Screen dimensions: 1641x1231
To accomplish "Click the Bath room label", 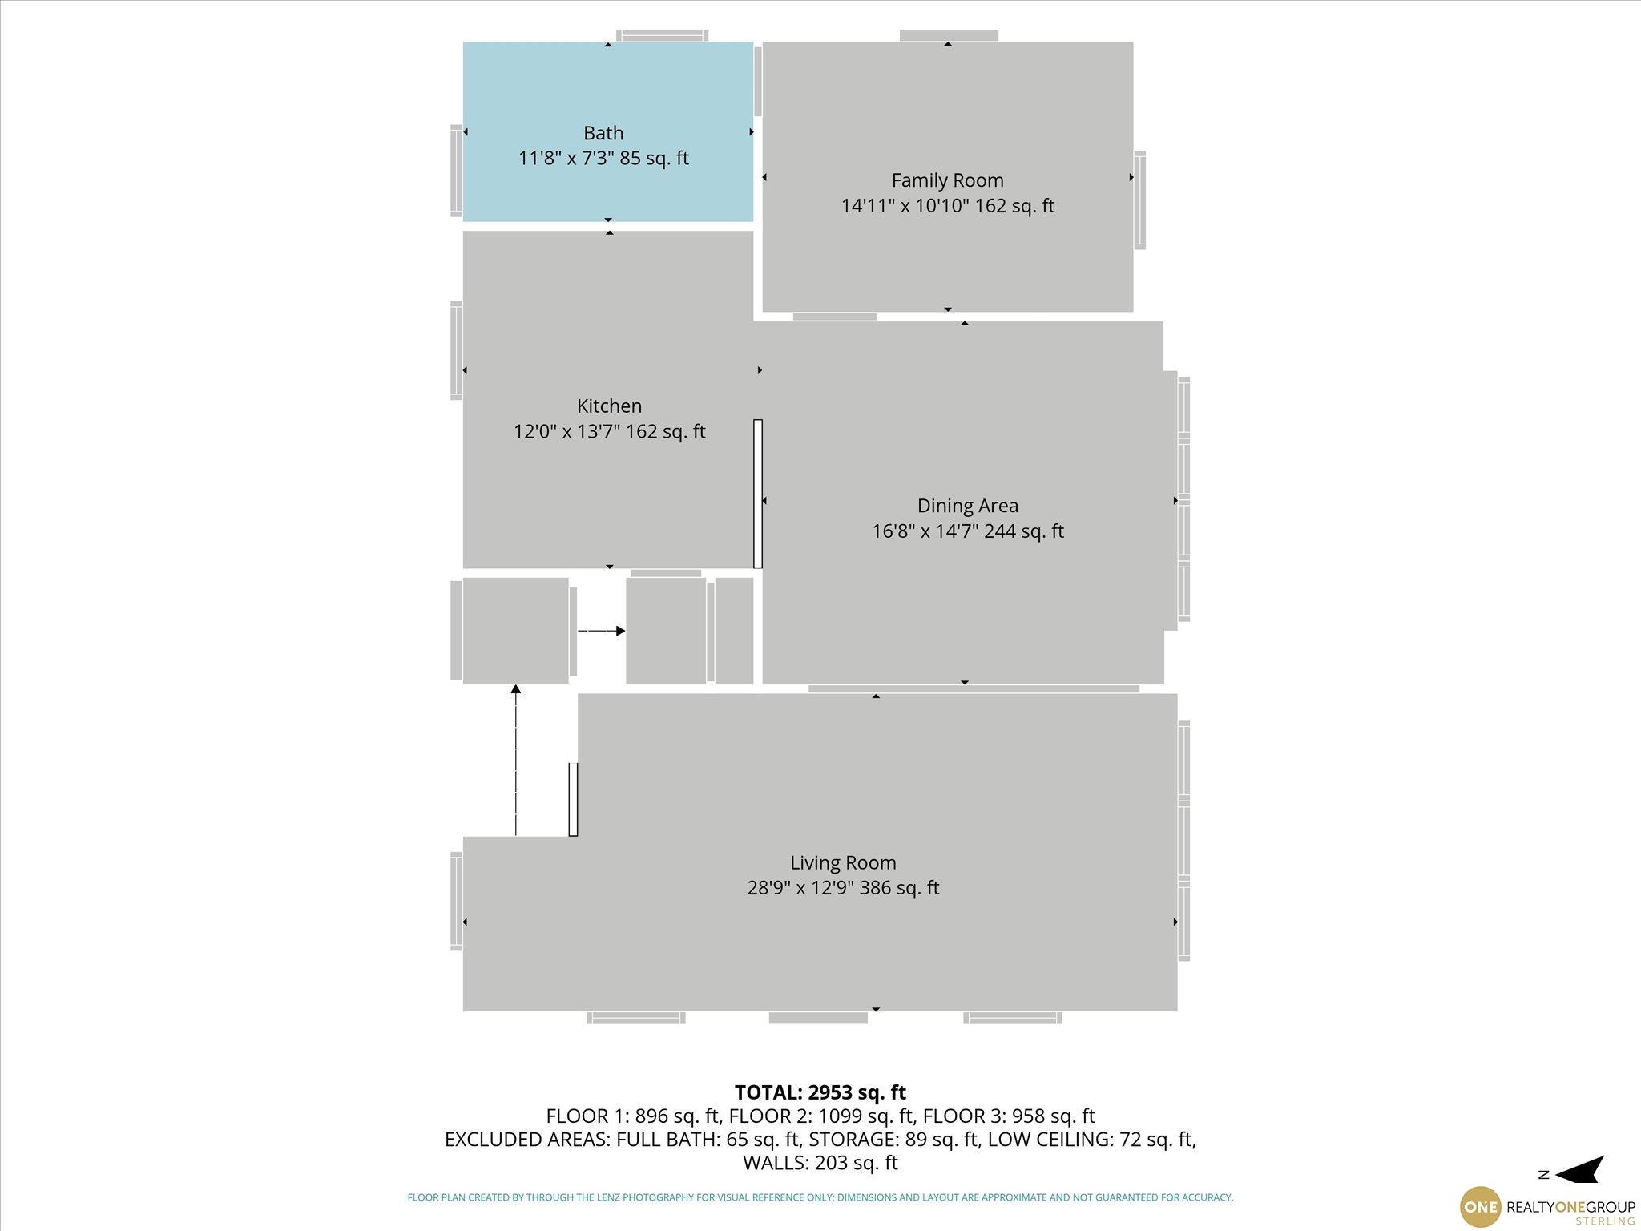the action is [x=603, y=133].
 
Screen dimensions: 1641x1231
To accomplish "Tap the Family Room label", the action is [x=947, y=180].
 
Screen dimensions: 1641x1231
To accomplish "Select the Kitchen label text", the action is [x=609, y=406].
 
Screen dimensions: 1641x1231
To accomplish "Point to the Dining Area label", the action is [x=967, y=506].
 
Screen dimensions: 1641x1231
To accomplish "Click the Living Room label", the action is [x=843, y=862].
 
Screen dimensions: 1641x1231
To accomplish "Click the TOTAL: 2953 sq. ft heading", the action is [x=820, y=1092].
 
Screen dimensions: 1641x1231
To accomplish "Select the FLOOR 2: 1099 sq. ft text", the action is [x=821, y=1116].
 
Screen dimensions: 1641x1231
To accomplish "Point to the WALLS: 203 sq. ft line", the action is [x=820, y=1162].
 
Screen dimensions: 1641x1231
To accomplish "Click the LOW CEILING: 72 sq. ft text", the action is [x=1091, y=1139].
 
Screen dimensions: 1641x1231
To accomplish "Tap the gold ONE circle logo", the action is [x=1480, y=1206].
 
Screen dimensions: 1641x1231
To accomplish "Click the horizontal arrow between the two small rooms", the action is [x=601, y=632].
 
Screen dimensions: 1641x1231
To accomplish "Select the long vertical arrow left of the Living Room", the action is [x=516, y=760].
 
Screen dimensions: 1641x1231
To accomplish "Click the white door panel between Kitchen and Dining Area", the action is [x=758, y=494].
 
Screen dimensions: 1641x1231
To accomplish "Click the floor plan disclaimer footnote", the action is [x=820, y=1197].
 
